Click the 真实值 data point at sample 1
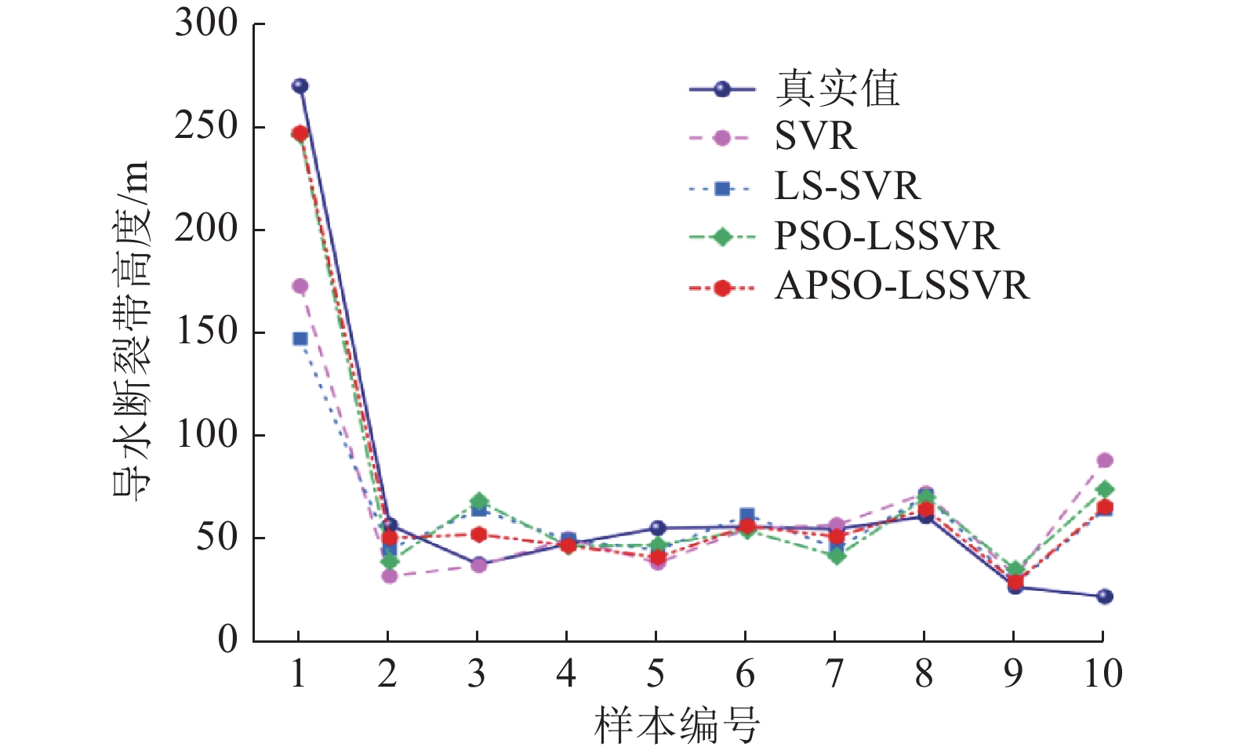(x=300, y=86)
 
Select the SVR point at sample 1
(x=300, y=286)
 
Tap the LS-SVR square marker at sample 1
(x=300, y=339)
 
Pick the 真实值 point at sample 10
(x=1104, y=597)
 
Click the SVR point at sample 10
(x=1104, y=460)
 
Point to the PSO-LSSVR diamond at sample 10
(x=1104, y=489)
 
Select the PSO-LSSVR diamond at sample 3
(x=478, y=501)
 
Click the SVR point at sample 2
(x=389, y=576)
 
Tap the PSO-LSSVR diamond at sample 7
(x=837, y=557)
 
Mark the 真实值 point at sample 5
(x=657, y=528)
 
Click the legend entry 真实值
(x=837, y=89)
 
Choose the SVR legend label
(x=815, y=137)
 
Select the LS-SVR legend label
(x=847, y=187)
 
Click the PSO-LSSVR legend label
(x=887, y=236)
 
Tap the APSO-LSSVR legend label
(x=902, y=286)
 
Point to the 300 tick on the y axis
(x=206, y=24)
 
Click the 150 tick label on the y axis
(x=206, y=332)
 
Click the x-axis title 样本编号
(x=677, y=725)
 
